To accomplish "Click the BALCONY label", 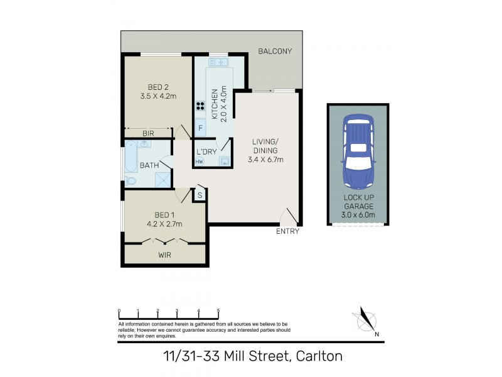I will pyautogui.click(x=275, y=51).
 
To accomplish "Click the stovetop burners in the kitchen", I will pyautogui.click(x=201, y=106).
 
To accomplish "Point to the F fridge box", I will pyautogui.click(x=200, y=129).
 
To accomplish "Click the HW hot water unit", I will pyautogui.click(x=200, y=161).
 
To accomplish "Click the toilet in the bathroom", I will pyautogui.click(x=131, y=181).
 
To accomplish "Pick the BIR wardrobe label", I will pyautogui.click(x=149, y=133).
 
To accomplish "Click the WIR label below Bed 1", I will pyautogui.click(x=164, y=255).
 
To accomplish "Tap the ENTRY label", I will pyautogui.click(x=287, y=231).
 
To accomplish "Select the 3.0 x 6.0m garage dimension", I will pyautogui.click(x=358, y=215).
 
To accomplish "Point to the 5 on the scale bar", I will pyautogui.click(x=218, y=310).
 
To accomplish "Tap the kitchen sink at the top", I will pyautogui.click(x=218, y=62).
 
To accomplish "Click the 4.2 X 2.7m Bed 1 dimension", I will pyautogui.click(x=164, y=223).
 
